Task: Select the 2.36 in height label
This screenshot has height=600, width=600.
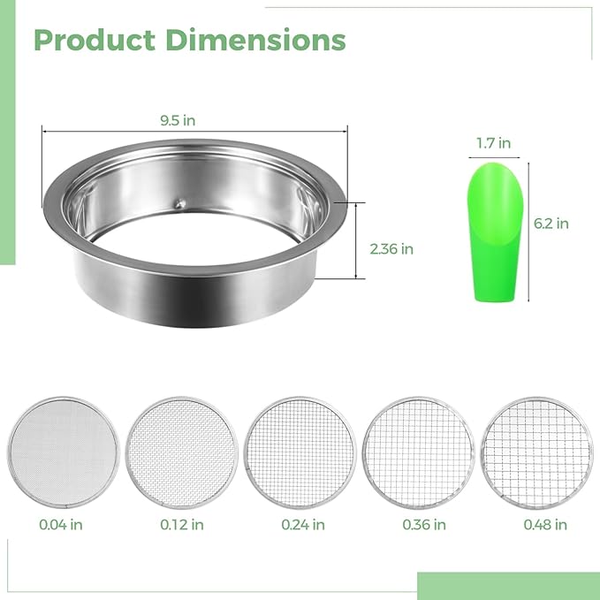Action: point(392,249)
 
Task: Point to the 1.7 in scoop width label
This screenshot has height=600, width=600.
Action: point(493,142)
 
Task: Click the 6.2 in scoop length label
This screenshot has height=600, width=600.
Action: point(551,224)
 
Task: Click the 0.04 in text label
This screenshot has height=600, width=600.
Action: point(62,524)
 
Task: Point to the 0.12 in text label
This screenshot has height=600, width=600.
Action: point(182,524)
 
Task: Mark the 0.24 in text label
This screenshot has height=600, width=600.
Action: point(303,524)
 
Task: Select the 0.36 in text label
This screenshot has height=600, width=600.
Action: point(424,524)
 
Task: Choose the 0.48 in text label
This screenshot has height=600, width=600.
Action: point(545,524)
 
